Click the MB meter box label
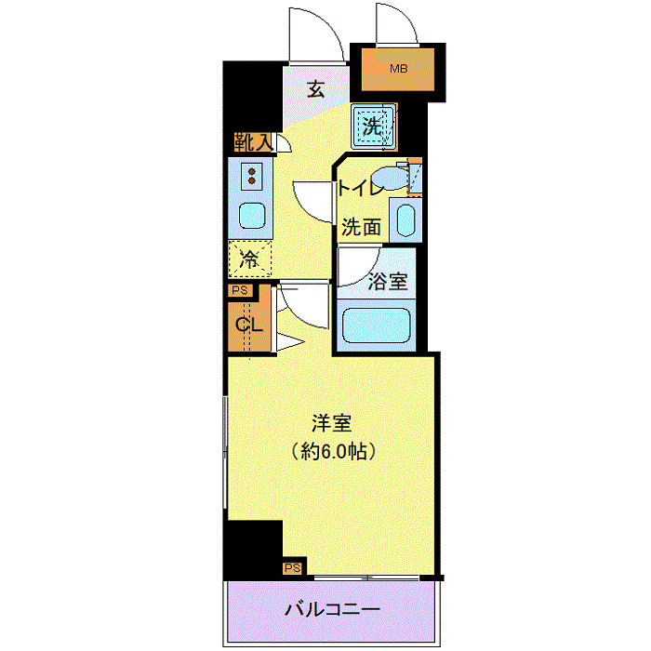click(398, 69)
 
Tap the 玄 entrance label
click(316, 90)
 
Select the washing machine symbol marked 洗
click(373, 127)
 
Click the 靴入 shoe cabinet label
click(252, 143)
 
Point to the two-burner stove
click(252, 175)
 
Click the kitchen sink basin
click(252, 216)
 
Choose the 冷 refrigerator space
click(250, 259)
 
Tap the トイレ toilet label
click(360, 189)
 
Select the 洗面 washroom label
click(360, 226)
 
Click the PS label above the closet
click(239, 290)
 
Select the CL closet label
click(247, 325)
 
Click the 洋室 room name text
click(331, 423)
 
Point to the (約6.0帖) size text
click(331, 453)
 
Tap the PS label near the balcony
click(292, 567)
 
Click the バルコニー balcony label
click(331, 610)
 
